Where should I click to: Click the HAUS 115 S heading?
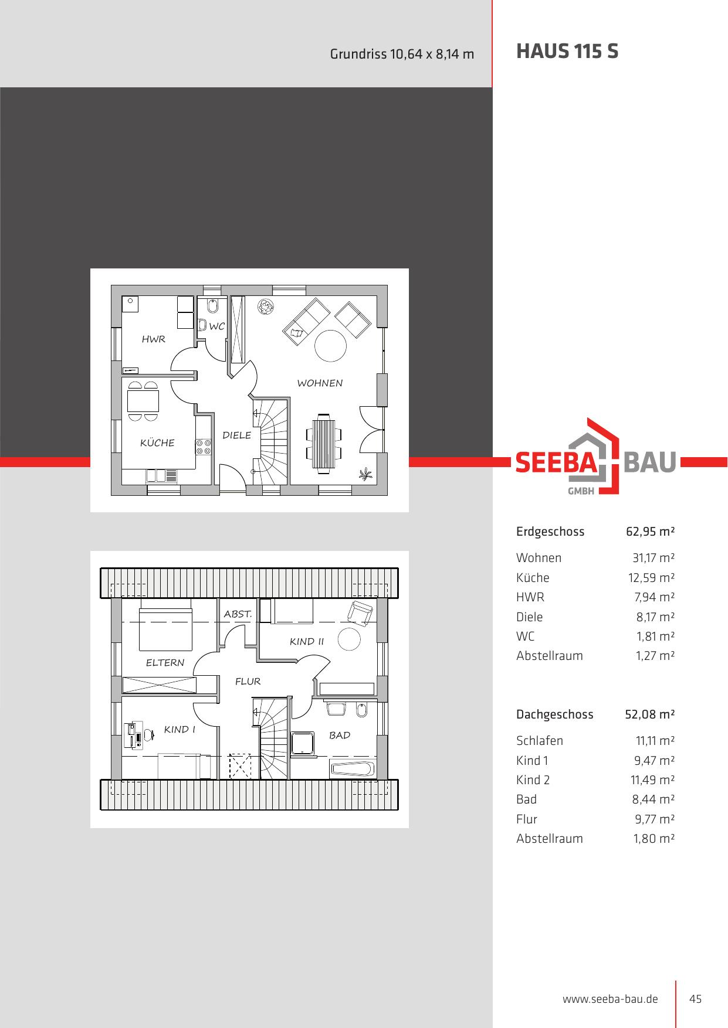(x=567, y=52)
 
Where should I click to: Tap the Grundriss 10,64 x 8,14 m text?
(x=402, y=54)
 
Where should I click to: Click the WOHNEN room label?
(x=320, y=383)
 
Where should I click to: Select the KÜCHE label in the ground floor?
(x=157, y=442)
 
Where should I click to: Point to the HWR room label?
(x=154, y=339)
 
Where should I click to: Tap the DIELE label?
(x=237, y=435)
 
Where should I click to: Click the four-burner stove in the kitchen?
(x=204, y=447)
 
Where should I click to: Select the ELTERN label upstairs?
(x=165, y=663)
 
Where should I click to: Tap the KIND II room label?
(x=307, y=642)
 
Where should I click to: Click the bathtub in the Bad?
(x=352, y=768)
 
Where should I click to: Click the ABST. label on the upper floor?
(x=238, y=614)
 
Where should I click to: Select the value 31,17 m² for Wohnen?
(x=653, y=558)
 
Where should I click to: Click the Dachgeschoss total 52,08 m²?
(x=650, y=714)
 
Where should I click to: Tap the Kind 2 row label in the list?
(x=533, y=780)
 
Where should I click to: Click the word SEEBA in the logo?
(x=556, y=462)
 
